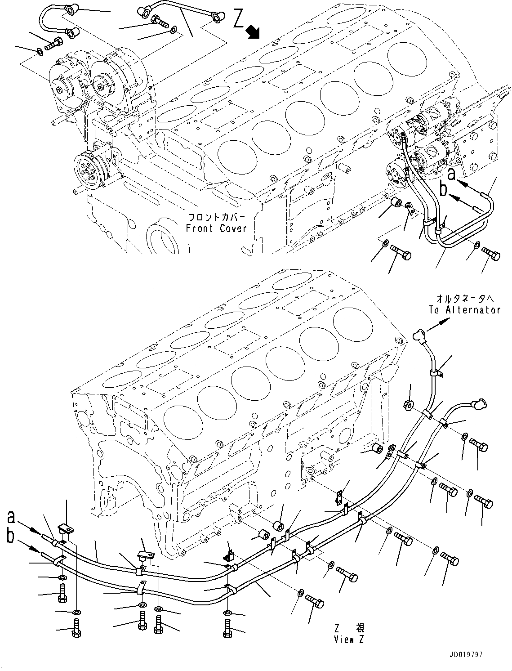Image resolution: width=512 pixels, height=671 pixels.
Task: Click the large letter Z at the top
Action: click(239, 19)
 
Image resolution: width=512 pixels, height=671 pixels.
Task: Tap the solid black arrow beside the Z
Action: click(254, 31)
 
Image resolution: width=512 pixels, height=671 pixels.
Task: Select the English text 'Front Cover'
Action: click(216, 228)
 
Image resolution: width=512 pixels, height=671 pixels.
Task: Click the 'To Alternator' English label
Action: click(464, 309)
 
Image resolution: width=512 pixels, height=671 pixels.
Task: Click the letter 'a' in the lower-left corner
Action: click(12, 517)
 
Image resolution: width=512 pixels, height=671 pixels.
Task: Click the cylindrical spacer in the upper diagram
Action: click(396, 203)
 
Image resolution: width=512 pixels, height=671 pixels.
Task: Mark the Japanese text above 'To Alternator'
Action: click(464, 298)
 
